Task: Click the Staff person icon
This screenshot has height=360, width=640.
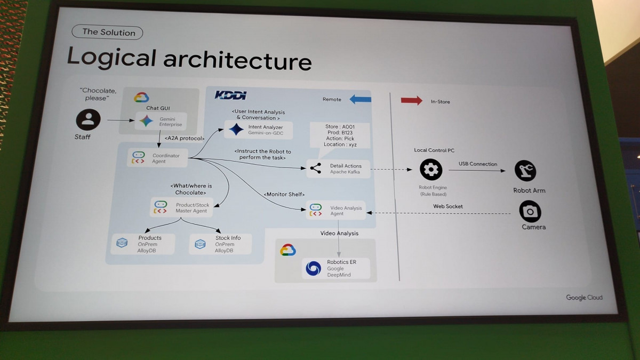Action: point(88,119)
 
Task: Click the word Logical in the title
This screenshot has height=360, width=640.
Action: point(111,58)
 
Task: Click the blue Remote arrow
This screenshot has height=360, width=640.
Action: point(361,99)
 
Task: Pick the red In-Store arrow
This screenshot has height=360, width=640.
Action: point(411,101)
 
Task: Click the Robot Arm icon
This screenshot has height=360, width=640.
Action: point(525,171)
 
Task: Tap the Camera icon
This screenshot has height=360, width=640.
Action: point(530,212)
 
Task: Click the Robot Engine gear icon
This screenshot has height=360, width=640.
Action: point(431,170)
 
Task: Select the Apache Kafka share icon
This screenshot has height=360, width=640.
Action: point(315,169)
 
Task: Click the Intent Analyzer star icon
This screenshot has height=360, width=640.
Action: point(236,130)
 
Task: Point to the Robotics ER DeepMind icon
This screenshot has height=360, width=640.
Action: point(313,268)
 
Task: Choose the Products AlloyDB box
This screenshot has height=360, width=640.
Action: point(142,244)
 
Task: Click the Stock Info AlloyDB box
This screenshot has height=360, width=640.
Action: point(220,244)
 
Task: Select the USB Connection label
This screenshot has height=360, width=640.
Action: point(477,164)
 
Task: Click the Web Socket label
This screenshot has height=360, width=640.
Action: point(448,206)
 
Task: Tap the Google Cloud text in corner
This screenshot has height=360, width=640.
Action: point(584,298)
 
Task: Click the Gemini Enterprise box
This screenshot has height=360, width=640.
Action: point(162,122)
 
